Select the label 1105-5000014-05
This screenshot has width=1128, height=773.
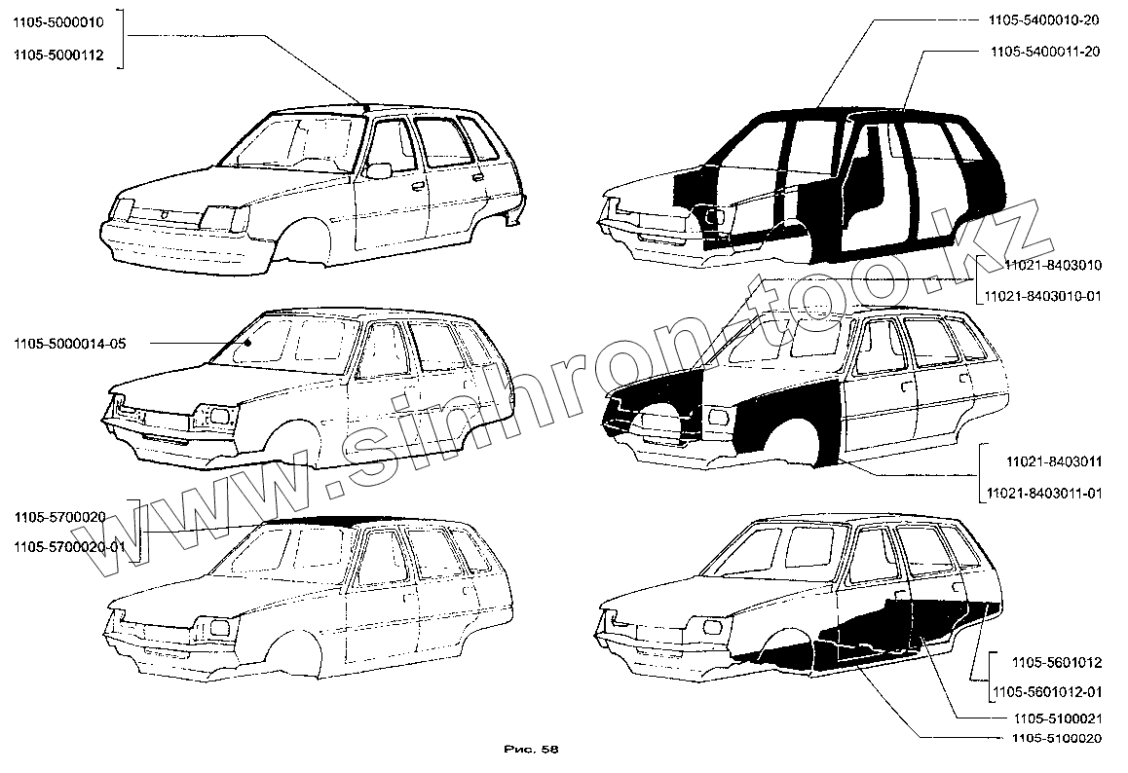pos(69,343)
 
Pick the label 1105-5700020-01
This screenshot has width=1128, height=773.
pos(69,547)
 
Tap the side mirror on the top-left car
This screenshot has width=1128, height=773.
pos(378,171)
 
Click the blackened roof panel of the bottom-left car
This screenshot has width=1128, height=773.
pos(312,522)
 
